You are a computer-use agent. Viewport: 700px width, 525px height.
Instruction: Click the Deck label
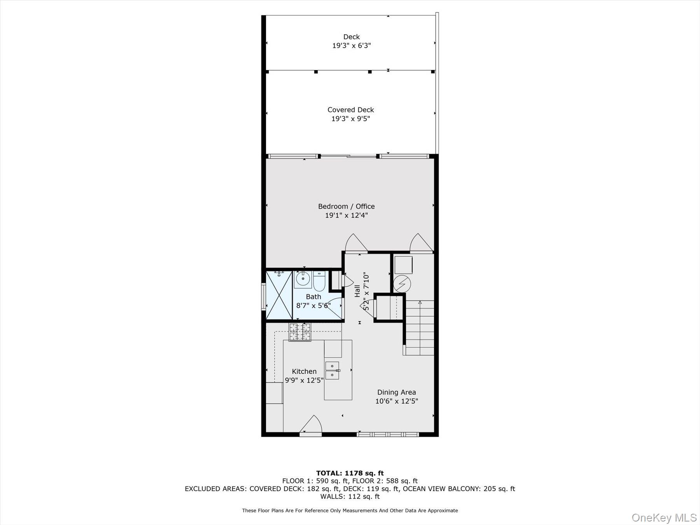pos(351,37)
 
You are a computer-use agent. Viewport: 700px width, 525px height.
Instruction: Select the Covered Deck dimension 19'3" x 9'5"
pos(350,119)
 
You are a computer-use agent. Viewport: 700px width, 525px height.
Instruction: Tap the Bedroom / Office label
pos(346,206)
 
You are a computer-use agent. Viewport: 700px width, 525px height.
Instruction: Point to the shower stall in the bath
pos(279,295)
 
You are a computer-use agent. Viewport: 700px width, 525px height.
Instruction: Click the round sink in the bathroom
pos(303,279)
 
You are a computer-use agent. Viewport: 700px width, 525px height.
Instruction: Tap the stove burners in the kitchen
pos(300,332)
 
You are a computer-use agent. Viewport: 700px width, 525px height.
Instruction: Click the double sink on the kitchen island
pos(332,370)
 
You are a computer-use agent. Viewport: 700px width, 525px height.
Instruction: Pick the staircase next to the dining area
pos(420,327)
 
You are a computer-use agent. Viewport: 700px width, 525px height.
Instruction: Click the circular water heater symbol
pos(402,283)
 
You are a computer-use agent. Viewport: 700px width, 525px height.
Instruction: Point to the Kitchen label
pos(304,371)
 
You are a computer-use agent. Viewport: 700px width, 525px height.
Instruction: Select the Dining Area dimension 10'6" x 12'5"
pos(396,401)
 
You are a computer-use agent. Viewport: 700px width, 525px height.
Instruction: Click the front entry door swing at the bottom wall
pos(311,425)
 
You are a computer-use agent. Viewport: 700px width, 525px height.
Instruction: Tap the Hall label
pos(357,291)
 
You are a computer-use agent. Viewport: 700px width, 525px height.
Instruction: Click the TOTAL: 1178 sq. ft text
pos(350,473)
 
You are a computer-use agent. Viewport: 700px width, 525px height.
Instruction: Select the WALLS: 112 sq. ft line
pos(350,496)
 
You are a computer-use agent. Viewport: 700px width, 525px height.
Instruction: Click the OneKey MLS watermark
pos(664,518)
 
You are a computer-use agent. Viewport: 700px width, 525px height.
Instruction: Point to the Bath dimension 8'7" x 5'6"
pos(313,306)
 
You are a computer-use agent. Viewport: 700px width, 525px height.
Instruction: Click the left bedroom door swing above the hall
pos(355,243)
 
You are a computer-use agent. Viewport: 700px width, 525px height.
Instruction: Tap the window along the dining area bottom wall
pos(388,434)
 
